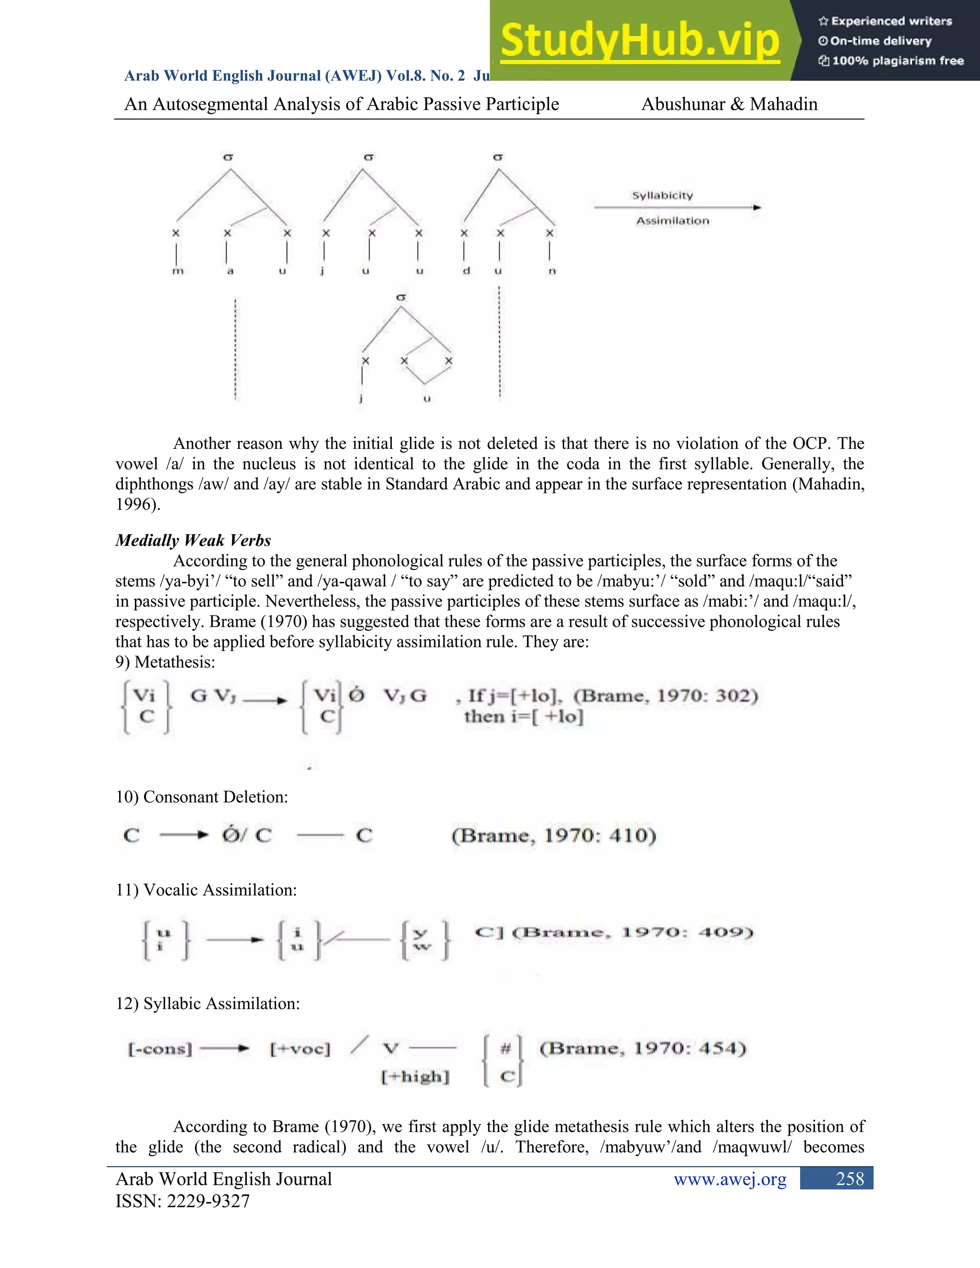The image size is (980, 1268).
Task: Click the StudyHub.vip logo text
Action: click(639, 41)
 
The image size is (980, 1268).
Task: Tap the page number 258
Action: click(849, 1179)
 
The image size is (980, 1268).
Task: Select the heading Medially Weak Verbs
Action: click(193, 541)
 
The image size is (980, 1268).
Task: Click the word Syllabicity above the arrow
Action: click(662, 196)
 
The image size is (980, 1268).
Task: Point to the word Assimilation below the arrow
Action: click(672, 221)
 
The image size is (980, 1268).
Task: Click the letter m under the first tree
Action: click(178, 271)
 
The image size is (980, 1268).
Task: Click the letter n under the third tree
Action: click(552, 271)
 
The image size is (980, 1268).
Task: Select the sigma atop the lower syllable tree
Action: click(401, 297)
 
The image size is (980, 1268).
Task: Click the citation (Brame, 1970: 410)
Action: click(554, 835)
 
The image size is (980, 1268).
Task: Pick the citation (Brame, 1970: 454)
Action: click(643, 1048)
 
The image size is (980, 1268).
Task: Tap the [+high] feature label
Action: click(415, 1077)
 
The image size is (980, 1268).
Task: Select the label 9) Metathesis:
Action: click(165, 662)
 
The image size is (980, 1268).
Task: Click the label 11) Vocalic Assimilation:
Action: click(206, 890)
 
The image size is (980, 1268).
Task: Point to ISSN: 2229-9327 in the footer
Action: click(182, 1201)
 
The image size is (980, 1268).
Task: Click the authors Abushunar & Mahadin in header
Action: click(729, 104)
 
